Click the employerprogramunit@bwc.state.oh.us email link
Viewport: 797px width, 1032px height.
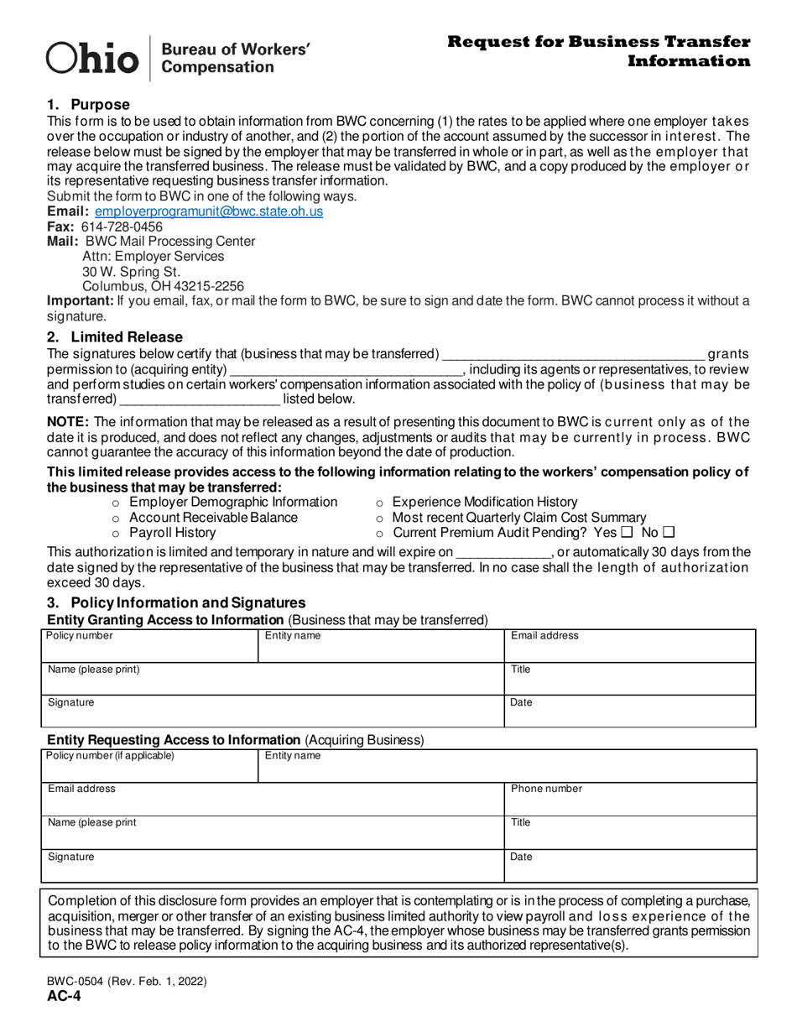pyautogui.click(x=208, y=211)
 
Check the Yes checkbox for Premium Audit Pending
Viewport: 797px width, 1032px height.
pyautogui.click(x=626, y=533)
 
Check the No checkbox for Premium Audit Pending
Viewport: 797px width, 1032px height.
pyautogui.click(x=669, y=533)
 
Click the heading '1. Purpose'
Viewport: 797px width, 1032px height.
pyautogui.click(x=88, y=105)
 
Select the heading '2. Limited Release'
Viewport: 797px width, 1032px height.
pyautogui.click(x=102, y=336)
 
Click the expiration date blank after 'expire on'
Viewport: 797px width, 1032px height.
pyautogui.click(x=502, y=553)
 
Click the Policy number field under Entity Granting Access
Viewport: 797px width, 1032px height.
pyautogui.click(x=149, y=645)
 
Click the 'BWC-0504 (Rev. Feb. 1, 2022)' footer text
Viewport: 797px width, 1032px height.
pyautogui.click(x=127, y=981)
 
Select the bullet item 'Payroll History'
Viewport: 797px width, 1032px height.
pyautogui.click(x=172, y=533)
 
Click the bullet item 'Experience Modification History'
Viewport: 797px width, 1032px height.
pyautogui.click(x=485, y=502)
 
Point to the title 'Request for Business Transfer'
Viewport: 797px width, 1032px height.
pyautogui.click(x=598, y=42)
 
